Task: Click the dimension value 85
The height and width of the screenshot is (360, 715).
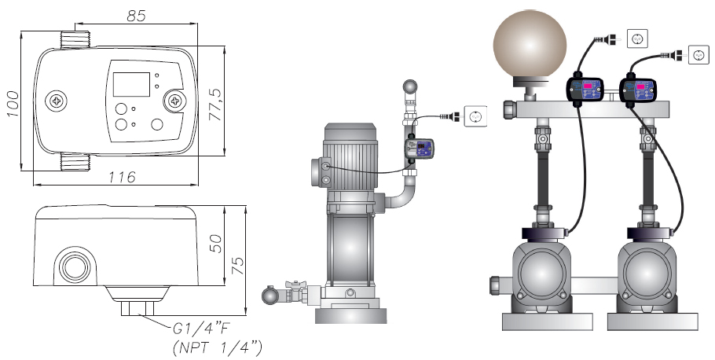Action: point(136,16)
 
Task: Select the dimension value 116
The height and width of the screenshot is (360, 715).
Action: point(122,177)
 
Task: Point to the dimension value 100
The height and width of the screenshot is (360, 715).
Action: point(13,104)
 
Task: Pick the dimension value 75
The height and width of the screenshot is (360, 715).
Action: point(237,266)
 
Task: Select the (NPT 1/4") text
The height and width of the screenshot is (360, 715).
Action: point(218,348)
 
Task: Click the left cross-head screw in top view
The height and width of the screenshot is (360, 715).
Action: point(56,101)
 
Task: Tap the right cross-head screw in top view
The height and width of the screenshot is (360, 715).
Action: point(175,101)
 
